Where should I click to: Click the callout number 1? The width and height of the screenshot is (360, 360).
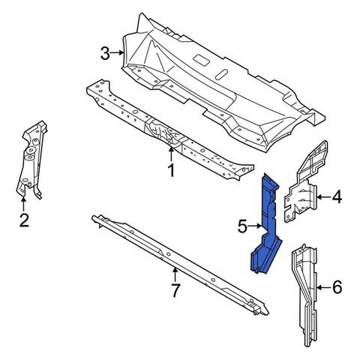click(x=171, y=170)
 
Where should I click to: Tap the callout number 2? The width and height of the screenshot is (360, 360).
click(x=24, y=220)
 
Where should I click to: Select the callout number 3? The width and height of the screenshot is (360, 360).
click(x=105, y=53)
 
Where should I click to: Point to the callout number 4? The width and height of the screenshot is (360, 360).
click(x=337, y=196)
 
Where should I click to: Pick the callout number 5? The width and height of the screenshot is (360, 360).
click(x=242, y=226)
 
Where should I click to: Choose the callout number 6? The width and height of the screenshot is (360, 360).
click(x=337, y=287)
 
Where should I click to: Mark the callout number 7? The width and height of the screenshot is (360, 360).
click(x=175, y=290)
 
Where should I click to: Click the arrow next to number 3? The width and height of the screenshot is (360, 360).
click(x=117, y=52)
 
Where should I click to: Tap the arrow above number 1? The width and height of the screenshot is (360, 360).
click(x=171, y=154)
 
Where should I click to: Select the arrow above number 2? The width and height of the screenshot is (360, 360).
click(x=23, y=204)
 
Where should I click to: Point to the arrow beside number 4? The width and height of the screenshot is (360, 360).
click(x=323, y=197)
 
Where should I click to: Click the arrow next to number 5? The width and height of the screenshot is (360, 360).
click(x=255, y=226)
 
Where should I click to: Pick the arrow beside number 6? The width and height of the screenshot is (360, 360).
click(x=324, y=288)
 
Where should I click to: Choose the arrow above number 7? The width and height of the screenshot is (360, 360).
click(x=175, y=274)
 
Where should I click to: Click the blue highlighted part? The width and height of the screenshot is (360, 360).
click(x=266, y=225)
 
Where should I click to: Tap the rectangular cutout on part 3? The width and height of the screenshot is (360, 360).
click(x=201, y=59)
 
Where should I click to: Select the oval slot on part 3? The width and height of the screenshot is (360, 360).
click(x=222, y=74)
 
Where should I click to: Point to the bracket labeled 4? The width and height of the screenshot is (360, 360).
click(x=305, y=182)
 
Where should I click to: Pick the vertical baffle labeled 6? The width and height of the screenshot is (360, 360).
click(x=305, y=295)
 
